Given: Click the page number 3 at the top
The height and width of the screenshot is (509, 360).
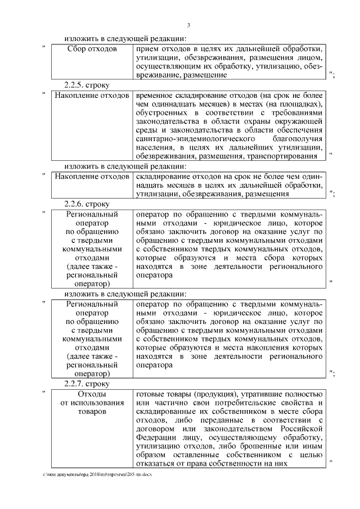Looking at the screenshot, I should coord(188,25).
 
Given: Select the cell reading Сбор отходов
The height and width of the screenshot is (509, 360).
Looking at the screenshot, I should coord(92,49).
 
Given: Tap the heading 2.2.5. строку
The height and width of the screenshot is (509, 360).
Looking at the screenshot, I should coord(87,84).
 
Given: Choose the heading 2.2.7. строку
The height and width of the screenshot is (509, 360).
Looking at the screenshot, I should coord(87,384).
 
